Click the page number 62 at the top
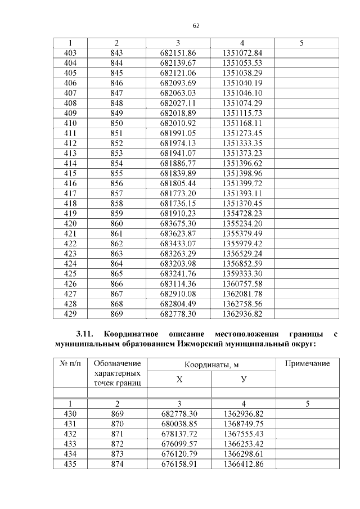[196, 26]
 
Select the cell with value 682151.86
[178, 53]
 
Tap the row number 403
[70, 53]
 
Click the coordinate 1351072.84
[242, 53]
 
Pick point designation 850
[116, 123]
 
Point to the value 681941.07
[178, 153]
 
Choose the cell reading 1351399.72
[242, 183]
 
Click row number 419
[70, 213]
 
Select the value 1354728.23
[242, 213]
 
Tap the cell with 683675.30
[178, 223]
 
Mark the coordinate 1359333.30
[242, 273]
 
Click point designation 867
[116, 294]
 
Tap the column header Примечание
[307, 364]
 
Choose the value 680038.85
[178, 424]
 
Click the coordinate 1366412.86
[242, 464]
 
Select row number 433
[70, 444]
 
